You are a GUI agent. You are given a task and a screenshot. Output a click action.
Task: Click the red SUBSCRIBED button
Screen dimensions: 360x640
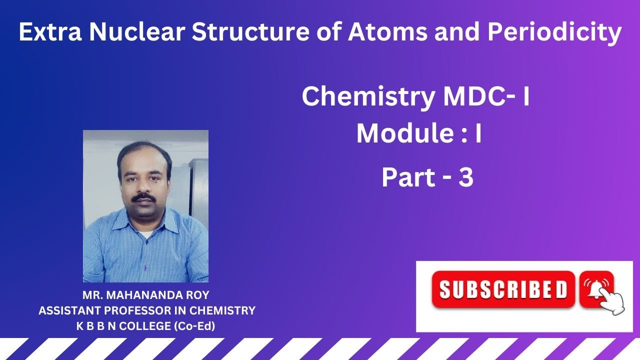[x=503, y=289]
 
